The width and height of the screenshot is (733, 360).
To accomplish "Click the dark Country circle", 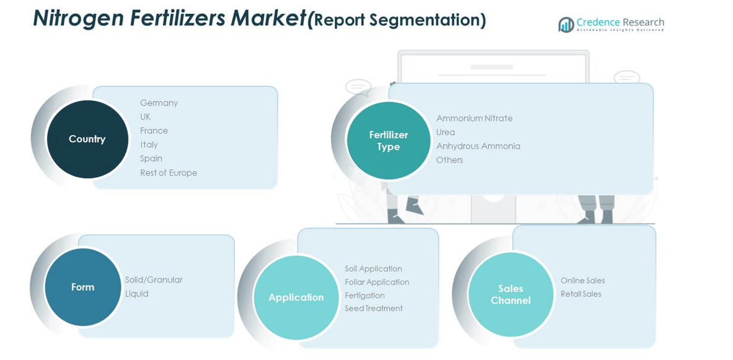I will tap(87, 139).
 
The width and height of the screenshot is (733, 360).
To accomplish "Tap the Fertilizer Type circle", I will tap(389, 141).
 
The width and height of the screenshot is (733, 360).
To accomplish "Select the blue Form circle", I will tap(83, 287).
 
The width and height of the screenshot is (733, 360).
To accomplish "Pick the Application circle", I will tap(296, 297).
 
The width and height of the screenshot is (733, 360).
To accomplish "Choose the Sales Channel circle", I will tap(510, 294).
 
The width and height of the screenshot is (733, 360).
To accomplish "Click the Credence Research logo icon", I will tap(566, 25).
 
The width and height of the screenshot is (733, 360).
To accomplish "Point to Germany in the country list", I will tap(159, 103).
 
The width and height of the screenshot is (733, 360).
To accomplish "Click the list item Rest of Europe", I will tap(168, 173).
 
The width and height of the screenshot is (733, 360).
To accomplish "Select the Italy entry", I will tap(149, 145).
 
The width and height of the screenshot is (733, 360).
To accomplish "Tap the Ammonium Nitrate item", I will tap(474, 118).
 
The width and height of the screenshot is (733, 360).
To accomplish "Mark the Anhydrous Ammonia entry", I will tap(478, 146).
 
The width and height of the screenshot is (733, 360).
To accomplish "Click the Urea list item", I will tap(445, 132).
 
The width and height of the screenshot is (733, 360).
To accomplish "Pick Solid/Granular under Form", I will tap(153, 280).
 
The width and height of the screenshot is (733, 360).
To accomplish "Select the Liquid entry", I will tap(136, 294).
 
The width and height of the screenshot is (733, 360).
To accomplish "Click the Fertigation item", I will tap(364, 295).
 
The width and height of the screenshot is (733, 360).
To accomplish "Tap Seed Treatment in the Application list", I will tap(373, 309).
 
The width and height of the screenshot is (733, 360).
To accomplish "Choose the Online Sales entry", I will tap(582, 280).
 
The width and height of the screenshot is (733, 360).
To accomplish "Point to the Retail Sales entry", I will tap(580, 294).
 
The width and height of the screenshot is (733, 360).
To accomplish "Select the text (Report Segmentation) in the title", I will tap(396, 21).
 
